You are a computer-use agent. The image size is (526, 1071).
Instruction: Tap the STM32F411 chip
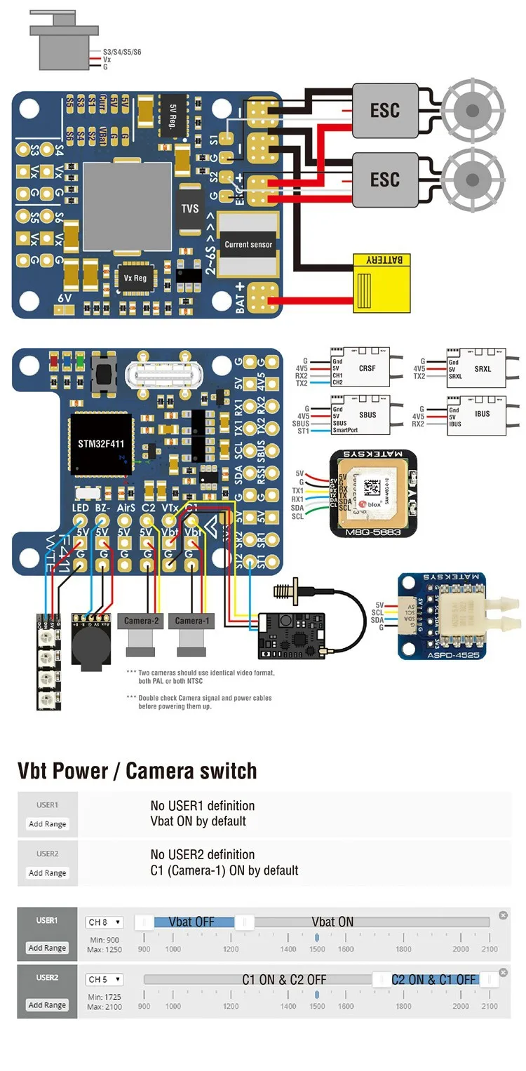pos(101,444)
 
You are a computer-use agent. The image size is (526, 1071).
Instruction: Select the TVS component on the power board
pos(190,208)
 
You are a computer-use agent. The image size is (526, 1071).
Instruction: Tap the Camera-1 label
pos(192,621)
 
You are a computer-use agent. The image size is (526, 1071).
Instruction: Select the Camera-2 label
pos(142,621)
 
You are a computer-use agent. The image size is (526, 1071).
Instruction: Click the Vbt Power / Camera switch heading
pos(137,771)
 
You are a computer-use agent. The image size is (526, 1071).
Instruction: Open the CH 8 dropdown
pos(104,922)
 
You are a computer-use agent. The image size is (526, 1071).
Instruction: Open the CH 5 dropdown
pos(104,979)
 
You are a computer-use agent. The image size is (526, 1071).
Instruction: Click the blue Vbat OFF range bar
pos(191,922)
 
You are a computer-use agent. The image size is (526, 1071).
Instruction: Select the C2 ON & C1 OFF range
pos(433,979)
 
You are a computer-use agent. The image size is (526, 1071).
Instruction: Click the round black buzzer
pos(91,643)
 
